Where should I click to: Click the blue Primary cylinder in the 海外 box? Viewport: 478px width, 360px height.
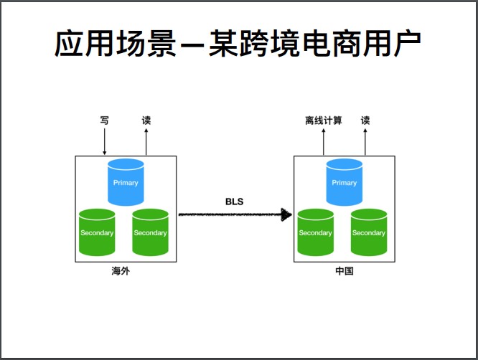click(126, 182)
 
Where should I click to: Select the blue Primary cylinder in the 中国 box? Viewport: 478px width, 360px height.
click(344, 182)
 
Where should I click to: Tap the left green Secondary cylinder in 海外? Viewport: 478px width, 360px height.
click(97, 232)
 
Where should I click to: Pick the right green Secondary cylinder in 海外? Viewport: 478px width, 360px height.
click(150, 232)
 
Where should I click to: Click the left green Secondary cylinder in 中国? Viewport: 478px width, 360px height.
click(315, 232)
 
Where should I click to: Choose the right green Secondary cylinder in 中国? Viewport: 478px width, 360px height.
click(368, 232)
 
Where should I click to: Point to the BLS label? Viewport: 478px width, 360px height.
click(235, 202)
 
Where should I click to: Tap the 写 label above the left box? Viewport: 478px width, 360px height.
click(104, 120)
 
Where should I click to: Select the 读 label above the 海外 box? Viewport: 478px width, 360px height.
click(146, 120)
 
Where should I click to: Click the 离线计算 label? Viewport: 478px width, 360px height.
click(323, 120)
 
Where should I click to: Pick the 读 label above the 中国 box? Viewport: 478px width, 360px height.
click(365, 120)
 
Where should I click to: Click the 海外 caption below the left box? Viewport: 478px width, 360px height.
click(121, 272)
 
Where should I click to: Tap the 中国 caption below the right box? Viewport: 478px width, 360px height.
click(345, 272)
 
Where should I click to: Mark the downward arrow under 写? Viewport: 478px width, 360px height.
click(104, 142)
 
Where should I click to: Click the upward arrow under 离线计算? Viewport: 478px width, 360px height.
click(323, 142)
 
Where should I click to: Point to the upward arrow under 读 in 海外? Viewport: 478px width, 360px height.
click(146, 142)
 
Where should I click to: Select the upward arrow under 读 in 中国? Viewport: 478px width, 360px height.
click(365, 142)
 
